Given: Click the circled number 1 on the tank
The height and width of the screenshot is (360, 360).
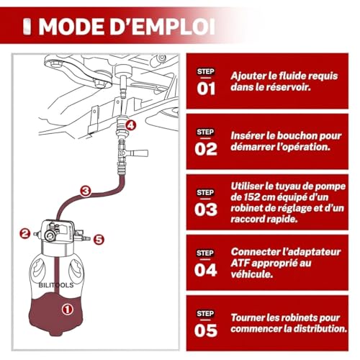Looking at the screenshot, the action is (68, 309).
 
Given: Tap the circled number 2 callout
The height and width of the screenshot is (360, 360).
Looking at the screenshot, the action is (25, 234).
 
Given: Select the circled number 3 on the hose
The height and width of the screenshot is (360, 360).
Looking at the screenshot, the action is (86, 192).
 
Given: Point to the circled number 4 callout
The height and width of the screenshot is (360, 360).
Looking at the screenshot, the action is (130, 125).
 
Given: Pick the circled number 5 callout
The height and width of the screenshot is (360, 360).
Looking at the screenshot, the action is (99, 239).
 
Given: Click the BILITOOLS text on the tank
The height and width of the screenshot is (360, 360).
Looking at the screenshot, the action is (56, 285).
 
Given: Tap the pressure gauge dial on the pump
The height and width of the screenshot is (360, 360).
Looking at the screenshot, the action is (50, 236).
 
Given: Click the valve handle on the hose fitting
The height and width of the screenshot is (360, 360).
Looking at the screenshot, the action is (138, 153).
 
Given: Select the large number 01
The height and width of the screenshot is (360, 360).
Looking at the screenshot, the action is (206, 89).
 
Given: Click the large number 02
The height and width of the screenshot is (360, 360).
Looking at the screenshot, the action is (206, 149).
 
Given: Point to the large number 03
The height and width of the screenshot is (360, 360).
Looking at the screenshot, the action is (206, 210).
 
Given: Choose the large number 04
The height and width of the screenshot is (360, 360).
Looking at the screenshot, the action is (206, 270).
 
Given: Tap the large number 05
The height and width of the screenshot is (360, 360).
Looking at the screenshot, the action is (206, 330).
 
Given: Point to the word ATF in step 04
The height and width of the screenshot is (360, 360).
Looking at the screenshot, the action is (240, 263).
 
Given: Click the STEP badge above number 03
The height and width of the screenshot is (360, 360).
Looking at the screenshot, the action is (205, 192).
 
